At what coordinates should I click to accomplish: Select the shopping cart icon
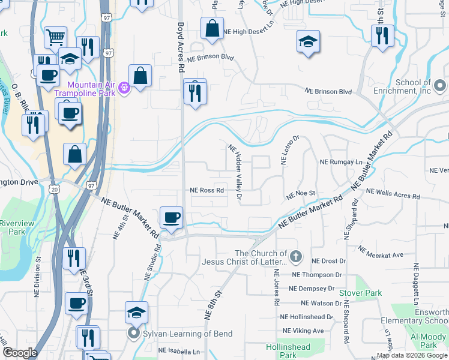[x=55, y=37]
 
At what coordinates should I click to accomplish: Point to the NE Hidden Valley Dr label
[x=235, y=172]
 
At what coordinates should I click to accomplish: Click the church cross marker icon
[x=295, y=257]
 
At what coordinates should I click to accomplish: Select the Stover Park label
[x=360, y=293]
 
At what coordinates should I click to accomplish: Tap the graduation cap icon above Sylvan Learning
[x=137, y=313]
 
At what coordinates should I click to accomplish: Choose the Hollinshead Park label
[x=288, y=351]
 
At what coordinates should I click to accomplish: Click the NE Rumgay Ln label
[x=341, y=162]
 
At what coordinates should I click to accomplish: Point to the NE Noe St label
[x=301, y=195]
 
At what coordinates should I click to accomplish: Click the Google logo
[x=20, y=352]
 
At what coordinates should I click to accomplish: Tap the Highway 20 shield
[x=55, y=188]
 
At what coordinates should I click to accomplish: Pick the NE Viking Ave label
[x=303, y=331]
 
